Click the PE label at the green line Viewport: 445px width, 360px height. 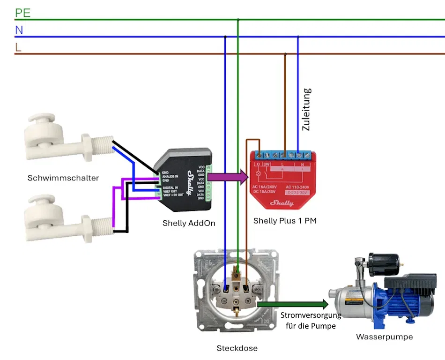23,13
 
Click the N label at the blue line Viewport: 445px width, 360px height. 19,30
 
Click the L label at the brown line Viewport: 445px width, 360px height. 18,47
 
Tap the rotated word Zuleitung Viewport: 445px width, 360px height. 306,109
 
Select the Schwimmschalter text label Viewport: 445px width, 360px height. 63,178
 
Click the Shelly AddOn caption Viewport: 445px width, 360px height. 189,223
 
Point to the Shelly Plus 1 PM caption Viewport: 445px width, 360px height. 285,220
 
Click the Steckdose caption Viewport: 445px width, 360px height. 237,348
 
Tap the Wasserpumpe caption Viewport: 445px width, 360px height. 384,337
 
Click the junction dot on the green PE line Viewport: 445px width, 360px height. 238,20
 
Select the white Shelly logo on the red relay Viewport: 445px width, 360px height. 282,203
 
